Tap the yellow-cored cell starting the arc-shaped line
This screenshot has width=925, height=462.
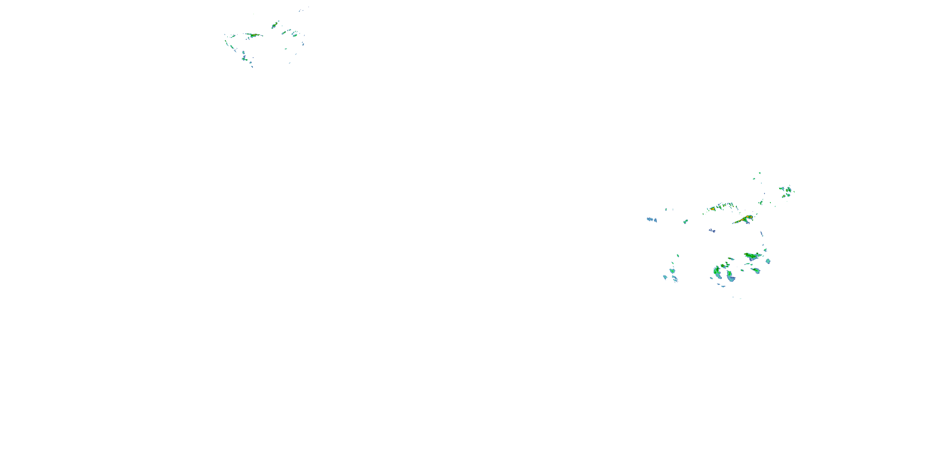point(712,209)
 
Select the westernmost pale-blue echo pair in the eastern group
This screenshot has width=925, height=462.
point(652,220)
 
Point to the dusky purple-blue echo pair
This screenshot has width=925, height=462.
point(712,230)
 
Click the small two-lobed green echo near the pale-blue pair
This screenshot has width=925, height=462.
point(685,221)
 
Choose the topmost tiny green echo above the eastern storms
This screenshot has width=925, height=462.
point(759,173)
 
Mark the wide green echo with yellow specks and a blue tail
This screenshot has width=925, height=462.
point(752,256)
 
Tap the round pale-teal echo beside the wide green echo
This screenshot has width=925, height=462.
point(768,261)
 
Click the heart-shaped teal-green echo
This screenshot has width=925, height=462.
point(672,271)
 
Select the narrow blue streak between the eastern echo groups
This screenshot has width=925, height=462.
point(762,234)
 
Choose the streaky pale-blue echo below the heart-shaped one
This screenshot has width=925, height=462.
point(675,278)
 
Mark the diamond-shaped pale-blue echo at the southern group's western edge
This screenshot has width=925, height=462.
point(665,277)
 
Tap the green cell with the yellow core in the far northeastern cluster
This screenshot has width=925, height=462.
point(788,189)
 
